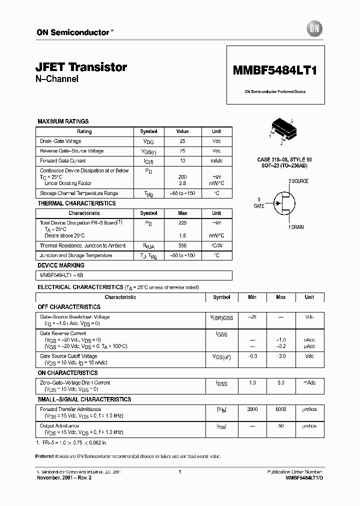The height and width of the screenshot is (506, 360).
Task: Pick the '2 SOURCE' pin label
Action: point(298,181)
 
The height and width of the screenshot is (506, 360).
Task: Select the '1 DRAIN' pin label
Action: point(295,227)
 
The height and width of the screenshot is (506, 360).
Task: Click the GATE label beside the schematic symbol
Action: point(258,206)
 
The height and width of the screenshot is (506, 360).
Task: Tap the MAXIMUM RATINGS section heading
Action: point(63,121)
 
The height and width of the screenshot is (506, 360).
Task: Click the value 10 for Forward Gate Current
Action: point(182,161)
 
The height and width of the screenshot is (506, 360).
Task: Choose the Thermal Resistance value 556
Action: point(182,245)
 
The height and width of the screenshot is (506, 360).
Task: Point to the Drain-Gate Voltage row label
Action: point(60,141)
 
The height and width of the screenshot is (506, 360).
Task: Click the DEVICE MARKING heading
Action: point(61,265)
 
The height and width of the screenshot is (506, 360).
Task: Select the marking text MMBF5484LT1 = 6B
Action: point(61,275)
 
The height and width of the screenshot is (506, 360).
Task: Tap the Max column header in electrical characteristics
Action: point(281,297)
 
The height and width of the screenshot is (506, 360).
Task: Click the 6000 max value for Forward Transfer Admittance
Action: point(281,409)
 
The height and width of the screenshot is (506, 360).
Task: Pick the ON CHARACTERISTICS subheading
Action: point(67,373)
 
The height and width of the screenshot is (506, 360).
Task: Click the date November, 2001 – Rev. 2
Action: point(64,478)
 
